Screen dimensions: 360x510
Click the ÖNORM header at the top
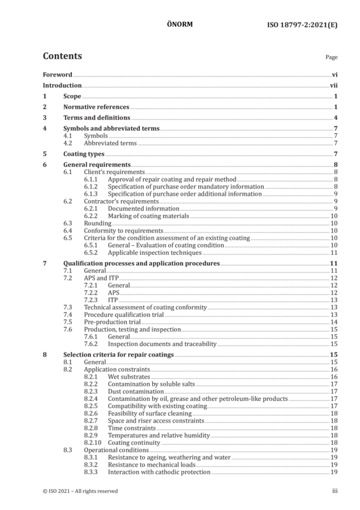pyautogui.click(x=180, y=24)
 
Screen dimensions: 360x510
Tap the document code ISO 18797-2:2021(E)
pyautogui.click(x=302, y=25)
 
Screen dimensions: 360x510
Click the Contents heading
pyautogui.click(x=62, y=56)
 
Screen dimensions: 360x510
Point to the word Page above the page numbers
pyautogui.click(x=331, y=57)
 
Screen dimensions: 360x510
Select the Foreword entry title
pyautogui.click(x=57, y=75)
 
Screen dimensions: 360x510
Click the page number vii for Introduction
pyautogui.click(x=334, y=85)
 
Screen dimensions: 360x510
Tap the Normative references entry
pyautogui.click(x=96, y=106)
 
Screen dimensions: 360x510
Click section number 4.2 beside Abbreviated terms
pyautogui.click(x=68, y=143)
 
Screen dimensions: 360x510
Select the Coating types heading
pyautogui.click(x=84, y=154)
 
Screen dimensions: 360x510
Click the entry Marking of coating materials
pyautogui.click(x=148, y=216)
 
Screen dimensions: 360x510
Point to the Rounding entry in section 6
pyautogui.click(x=97, y=224)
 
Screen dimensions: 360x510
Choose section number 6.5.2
pyautogui.click(x=90, y=252)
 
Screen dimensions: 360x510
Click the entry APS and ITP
pyautogui.click(x=101, y=278)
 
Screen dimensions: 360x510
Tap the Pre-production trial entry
pyautogui.click(x=112, y=322)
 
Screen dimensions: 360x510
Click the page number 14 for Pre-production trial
pyautogui.click(x=334, y=322)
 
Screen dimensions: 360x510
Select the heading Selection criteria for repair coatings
pyautogui.click(x=119, y=354)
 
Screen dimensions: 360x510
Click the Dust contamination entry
pyautogui.click(x=136, y=391)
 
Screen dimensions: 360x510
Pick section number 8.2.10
pyautogui.click(x=92, y=442)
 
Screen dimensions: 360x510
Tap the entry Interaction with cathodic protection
pyautogui.click(x=159, y=472)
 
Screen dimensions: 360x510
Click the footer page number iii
pyautogui.click(x=335, y=491)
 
